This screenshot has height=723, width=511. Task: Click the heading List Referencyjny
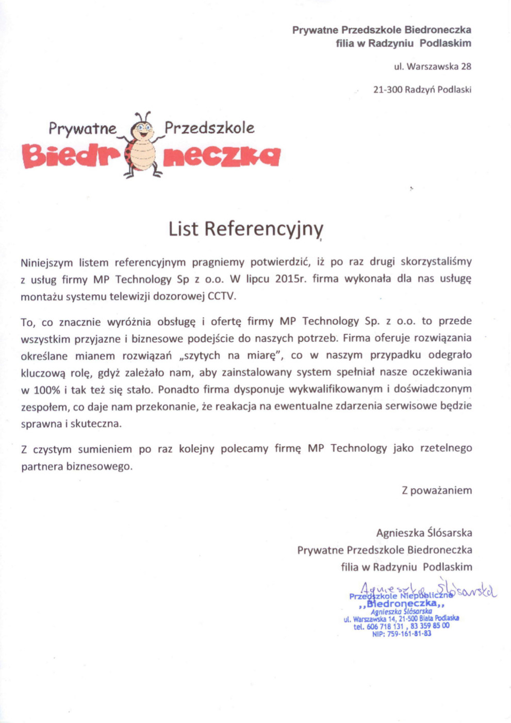245,229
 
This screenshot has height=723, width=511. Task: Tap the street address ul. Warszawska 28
433,66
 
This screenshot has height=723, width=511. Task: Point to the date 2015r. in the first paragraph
291,279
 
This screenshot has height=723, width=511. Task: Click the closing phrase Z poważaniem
437,491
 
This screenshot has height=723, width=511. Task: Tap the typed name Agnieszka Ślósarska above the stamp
424,533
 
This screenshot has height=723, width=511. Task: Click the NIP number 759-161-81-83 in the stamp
409,634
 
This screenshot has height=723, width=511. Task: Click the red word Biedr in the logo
67,156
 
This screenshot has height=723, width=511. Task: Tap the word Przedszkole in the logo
209,128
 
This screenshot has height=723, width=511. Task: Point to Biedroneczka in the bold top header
437,30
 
